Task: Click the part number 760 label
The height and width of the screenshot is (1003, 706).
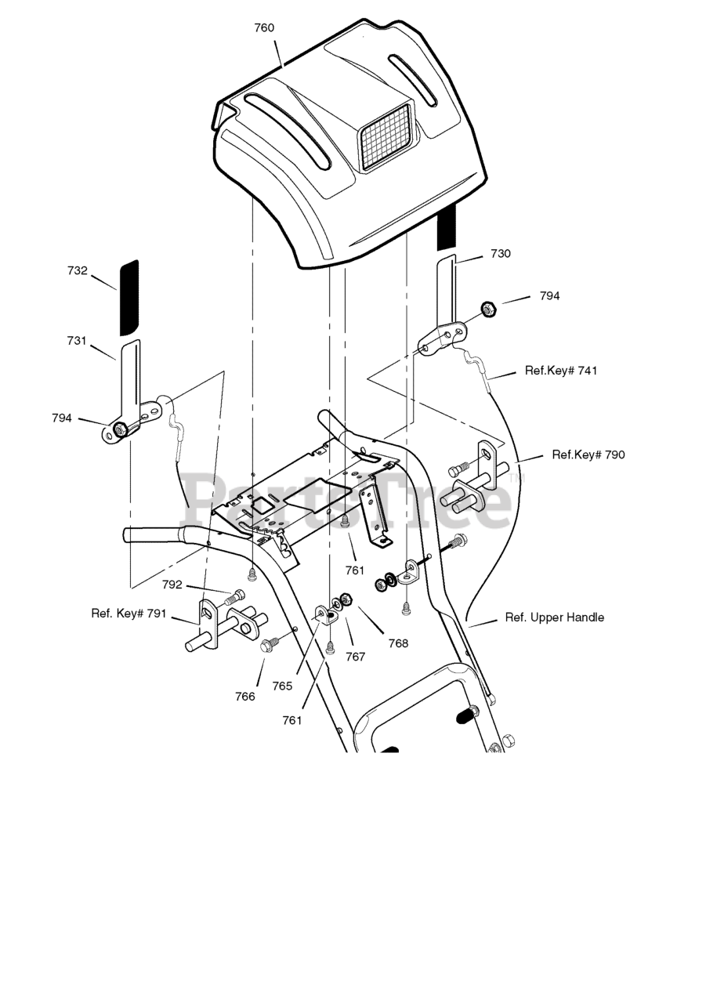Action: (x=264, y=28)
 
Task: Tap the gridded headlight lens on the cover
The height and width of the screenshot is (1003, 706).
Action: (x=385, y=136)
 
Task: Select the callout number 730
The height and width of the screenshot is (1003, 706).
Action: (x=500, y=254)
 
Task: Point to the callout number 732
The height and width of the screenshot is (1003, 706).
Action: (x=78, y=270)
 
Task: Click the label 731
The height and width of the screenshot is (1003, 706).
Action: (x=77, y=341)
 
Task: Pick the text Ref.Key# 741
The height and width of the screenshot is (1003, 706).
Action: (x=560, y=371)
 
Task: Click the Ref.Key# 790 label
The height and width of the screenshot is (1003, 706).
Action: (x=588, y=454)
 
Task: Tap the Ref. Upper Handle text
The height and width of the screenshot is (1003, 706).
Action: (x=554, y=617)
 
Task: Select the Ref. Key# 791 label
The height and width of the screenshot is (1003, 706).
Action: (x=129, y=614)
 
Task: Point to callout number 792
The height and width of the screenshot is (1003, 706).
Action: (x=172, y=585)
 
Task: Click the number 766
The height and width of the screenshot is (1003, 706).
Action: (x=245, y=696)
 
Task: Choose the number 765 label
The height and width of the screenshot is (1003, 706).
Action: (x=282, y=686)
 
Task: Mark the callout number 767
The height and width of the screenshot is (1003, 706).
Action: (x=356, y=657)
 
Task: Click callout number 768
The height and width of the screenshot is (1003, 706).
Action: (x=398, y=643)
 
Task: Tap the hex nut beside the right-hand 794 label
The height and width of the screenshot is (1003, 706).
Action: (x=486, y=310)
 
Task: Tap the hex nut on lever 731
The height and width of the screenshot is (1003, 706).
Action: (x=120, y=429)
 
